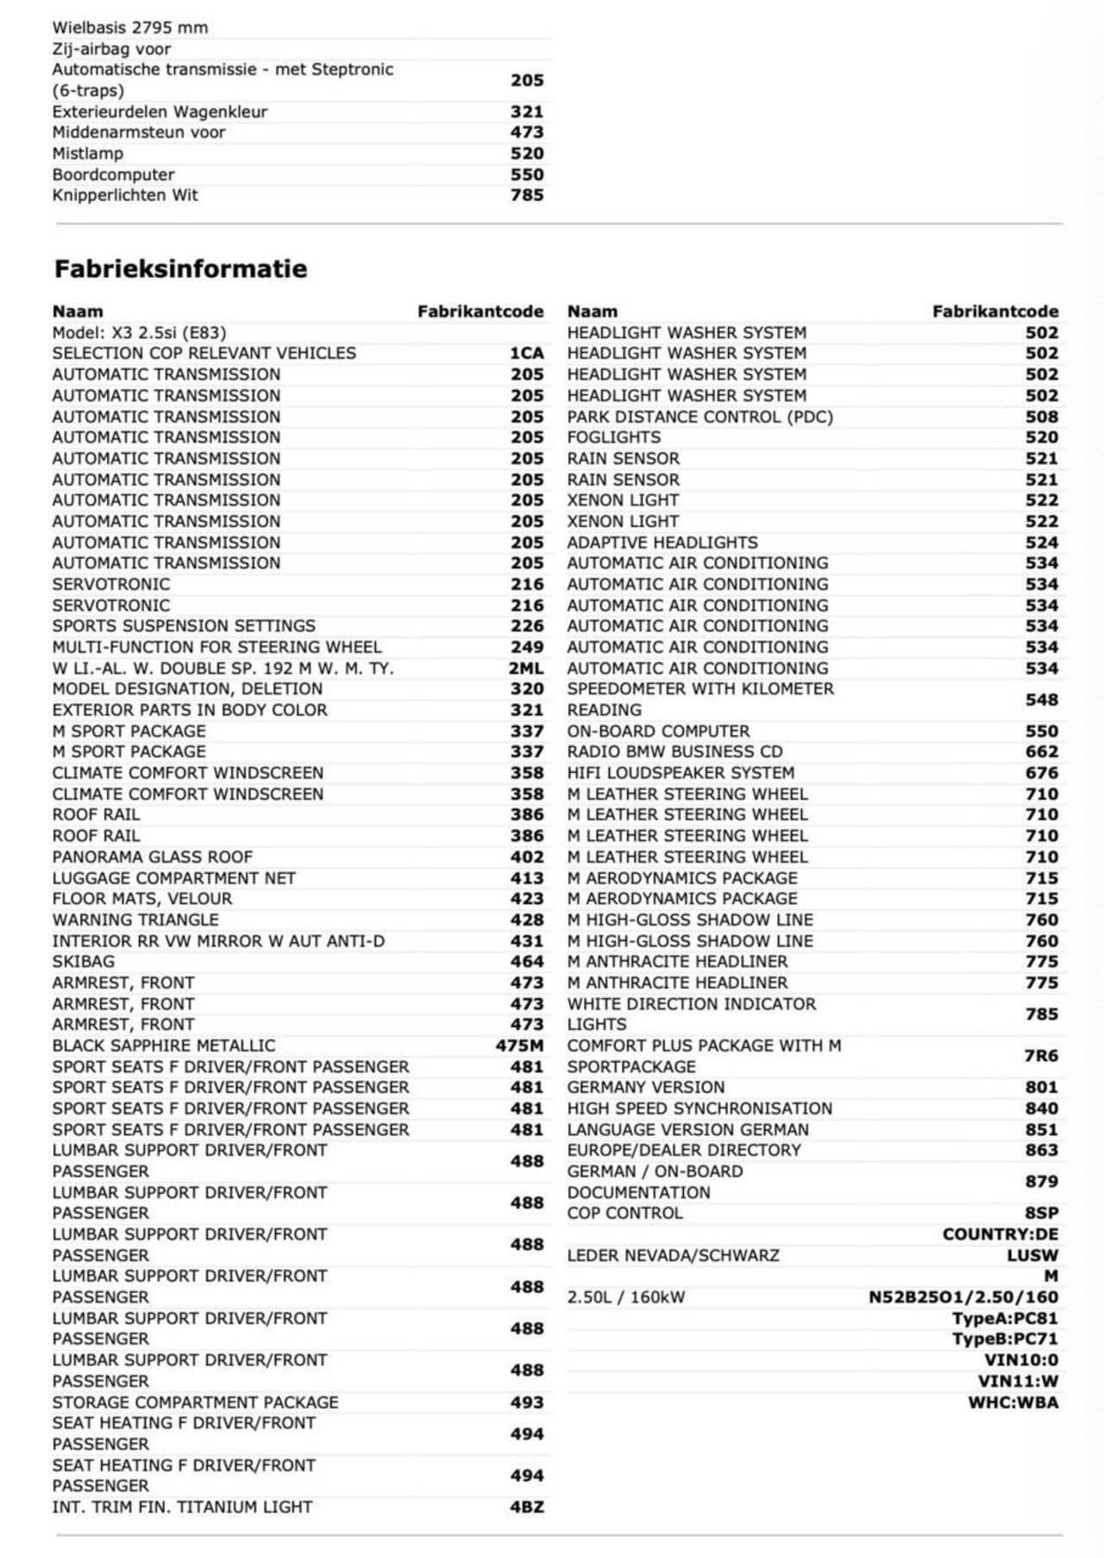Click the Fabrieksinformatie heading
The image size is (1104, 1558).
(x=180, y=268)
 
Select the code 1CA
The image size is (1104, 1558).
(x=526, y=353)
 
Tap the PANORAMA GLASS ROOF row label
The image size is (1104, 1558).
(x=152, y=857)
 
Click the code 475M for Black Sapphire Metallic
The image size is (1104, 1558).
(x=519, y=1046)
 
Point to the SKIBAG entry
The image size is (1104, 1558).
(x=83, y=961)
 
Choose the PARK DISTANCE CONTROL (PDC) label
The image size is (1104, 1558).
(x=699, y=417)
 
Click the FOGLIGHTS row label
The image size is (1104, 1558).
(x=613, y=437)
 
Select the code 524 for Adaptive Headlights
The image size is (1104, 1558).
(x=1041, y=543)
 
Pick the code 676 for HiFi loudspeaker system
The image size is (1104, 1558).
(x=1041, y=773)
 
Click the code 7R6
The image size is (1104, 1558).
(x=1041, y=1056)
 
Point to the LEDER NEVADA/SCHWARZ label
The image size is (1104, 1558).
(x=673, y=1255)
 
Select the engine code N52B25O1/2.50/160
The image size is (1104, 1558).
(x=963, y=1297)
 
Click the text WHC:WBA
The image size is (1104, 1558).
(x=1013, y=1402)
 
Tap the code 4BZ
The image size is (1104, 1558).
(x=526, y=1507)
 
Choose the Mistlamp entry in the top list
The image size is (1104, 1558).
(x=87, y=154)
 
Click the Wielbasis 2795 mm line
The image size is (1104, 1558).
(x=129, y=28)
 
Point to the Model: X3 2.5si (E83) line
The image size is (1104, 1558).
(x=139, y=332)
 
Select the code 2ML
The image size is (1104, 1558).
(x=526, y=669)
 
